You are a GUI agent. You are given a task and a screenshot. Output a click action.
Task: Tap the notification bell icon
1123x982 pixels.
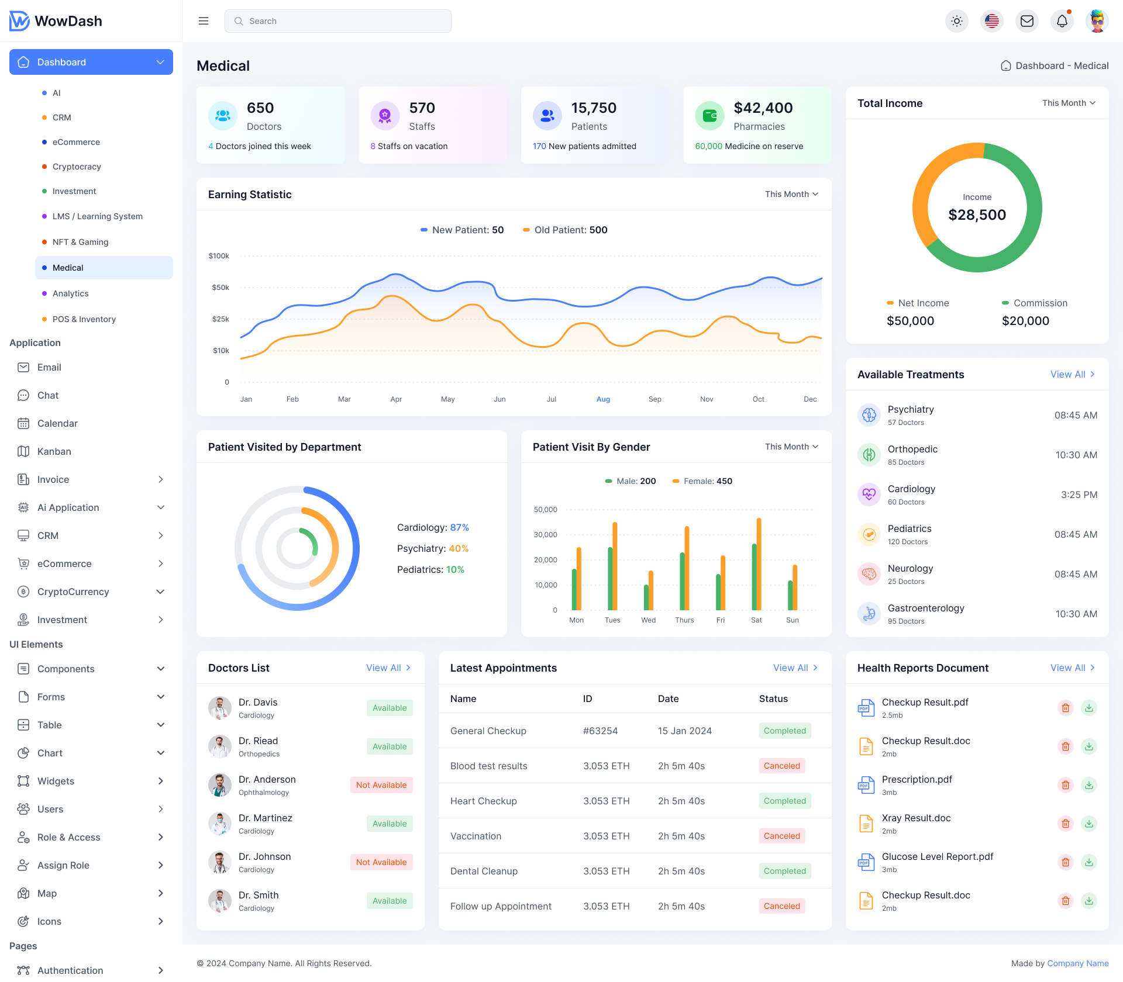point(1062,21)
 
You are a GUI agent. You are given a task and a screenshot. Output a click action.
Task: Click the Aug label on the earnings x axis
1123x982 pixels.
point(603,399)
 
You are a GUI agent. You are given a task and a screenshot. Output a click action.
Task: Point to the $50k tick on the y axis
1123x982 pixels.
point(221,288)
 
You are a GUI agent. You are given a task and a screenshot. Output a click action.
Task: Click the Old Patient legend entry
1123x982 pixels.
point(565,230)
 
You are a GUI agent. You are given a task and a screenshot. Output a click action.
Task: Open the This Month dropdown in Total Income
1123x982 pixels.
point(1068,103)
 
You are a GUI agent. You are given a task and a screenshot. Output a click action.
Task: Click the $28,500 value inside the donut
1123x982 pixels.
point(977,215)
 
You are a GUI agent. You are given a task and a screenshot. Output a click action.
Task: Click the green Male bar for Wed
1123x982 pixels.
point(646,597)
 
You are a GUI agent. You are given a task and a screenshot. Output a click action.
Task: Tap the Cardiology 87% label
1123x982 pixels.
point(433,527)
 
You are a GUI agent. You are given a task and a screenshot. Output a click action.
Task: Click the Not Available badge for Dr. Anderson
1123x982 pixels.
point(381,785)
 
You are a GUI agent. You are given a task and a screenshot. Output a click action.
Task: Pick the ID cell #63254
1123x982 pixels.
point(600,731)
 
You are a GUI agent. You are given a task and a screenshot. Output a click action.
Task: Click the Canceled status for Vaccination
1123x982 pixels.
point(781,836)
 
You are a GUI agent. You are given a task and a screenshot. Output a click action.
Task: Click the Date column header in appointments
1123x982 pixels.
point(668,699)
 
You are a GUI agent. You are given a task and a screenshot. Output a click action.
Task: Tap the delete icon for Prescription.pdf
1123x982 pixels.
point(1066,785)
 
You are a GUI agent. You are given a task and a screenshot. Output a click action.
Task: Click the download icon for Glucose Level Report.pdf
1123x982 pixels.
point(1089,862)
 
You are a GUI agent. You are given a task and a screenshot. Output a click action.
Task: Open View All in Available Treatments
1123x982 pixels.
point(1072,374)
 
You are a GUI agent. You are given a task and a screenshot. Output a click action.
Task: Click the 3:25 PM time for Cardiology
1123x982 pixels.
point(1079,495)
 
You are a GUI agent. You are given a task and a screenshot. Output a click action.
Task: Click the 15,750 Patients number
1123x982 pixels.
point(594,108)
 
